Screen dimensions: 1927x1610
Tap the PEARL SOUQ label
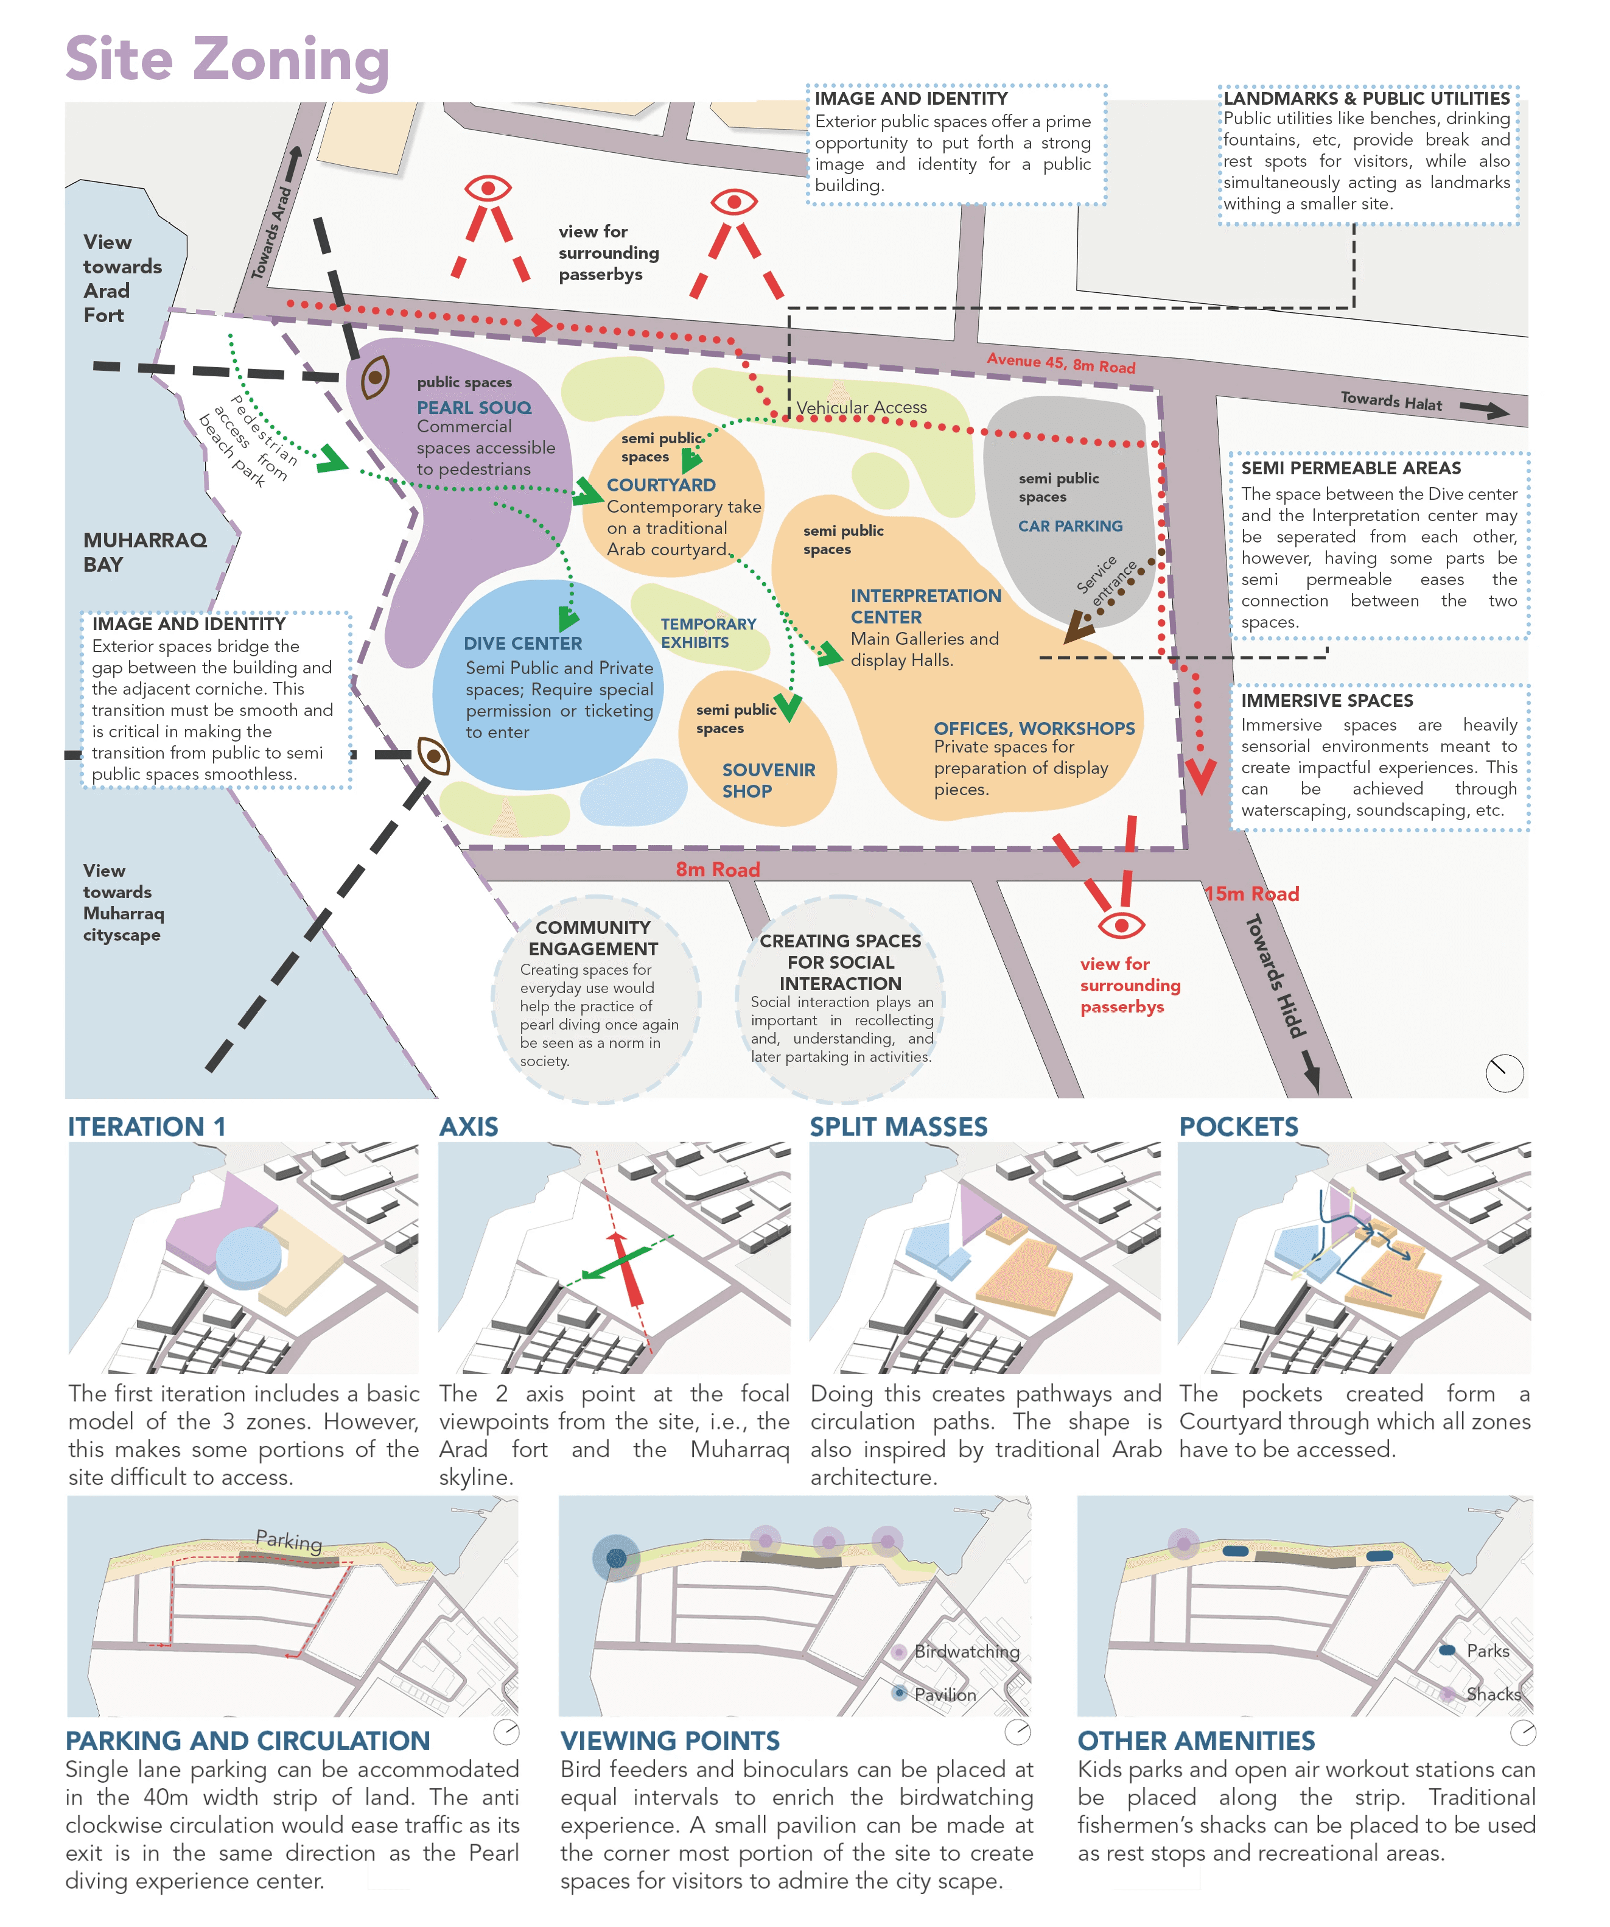coord(474,407)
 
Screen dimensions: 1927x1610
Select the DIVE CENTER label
coord(522,644)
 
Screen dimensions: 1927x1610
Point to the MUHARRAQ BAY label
coord(144,552)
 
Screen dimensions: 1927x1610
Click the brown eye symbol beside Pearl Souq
coord(374,377)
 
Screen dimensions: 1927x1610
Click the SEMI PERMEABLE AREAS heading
coord(1350,468)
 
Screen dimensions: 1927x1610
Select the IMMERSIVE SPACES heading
coord(1326,700)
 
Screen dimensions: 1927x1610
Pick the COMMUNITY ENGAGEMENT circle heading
coord(593,938)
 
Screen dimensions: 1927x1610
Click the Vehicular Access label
coord(861,407)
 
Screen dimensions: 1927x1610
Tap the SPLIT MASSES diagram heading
coord(898,1127)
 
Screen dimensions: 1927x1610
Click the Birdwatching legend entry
coord(966,1652)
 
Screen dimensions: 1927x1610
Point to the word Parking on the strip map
coord(289,1540)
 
